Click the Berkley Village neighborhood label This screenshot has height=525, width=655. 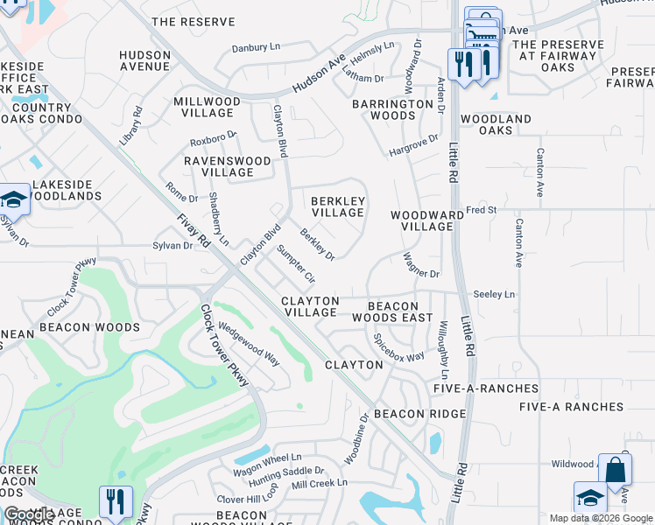[338, 206]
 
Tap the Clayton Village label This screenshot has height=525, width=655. [310, 306]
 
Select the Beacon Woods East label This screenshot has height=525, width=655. [399, 311]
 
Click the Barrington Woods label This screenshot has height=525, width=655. [394, 109]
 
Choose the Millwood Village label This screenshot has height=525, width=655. [207, 108]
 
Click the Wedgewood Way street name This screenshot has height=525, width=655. [249, 345]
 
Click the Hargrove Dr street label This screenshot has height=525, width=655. [413, 146]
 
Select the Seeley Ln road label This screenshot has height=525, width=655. [495, 295]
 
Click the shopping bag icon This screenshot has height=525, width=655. [615, 470]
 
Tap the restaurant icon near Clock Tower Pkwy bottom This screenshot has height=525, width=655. [116, 502]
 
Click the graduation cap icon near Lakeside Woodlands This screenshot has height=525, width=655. [14, 199]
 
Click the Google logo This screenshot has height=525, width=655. [29, 515]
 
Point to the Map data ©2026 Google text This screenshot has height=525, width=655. [601, 518]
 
